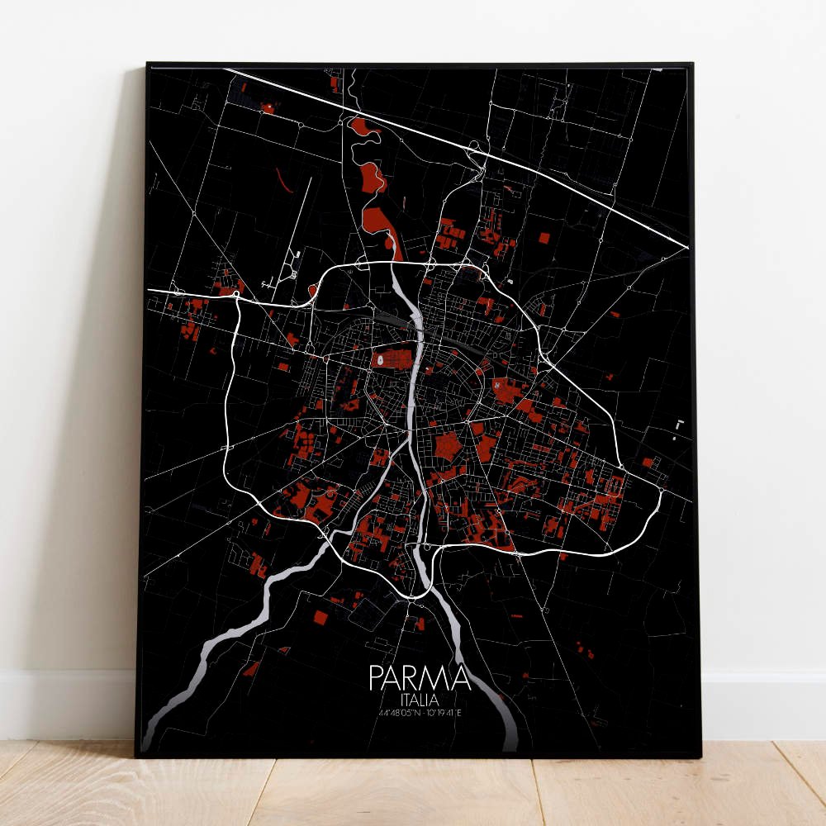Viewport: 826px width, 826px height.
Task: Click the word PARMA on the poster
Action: click(x=420, y=678)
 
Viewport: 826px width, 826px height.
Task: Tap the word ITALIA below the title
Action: click(x=420, y=699)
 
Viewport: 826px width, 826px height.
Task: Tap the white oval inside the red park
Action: click(x=379, y=360)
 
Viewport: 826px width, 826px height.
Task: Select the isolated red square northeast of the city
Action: click(x=544, y=238)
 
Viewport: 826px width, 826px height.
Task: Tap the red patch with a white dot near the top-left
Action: click(x=268, y=107)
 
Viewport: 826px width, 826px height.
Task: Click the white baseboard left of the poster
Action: click(x=66, y=702)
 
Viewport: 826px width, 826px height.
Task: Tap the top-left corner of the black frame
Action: click(x=148, y=64)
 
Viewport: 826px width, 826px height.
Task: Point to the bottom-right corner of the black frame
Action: click(x=700, y=755)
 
